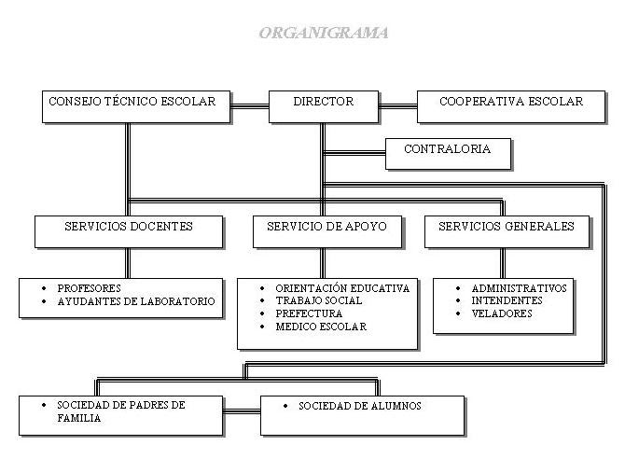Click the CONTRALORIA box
(x=447, y=150)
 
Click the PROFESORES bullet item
(x=90, y=288)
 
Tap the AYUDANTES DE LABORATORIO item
(x=136, y=301)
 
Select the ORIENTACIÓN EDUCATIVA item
(x=342, y=288)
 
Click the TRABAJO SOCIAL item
(x=319, y=301)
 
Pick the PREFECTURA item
(x=309, y=314)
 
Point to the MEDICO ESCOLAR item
(x=321, y=327)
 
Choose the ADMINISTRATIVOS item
(x=519, y=288)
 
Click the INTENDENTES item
(x=507, y=301)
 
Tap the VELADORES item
(x=502, y=314)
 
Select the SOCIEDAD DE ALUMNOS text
(x=360, y=407)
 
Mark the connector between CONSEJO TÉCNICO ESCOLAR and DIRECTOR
(x=249, y=104)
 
